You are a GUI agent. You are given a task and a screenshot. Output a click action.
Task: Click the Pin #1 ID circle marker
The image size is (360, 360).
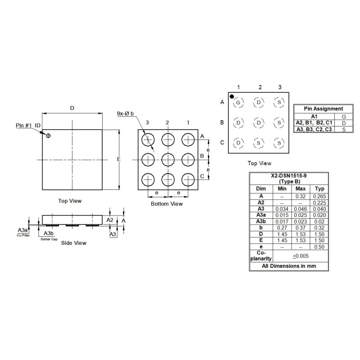[x=49, y=135]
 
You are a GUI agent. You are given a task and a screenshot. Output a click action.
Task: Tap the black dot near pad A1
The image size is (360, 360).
[x=232, y=96]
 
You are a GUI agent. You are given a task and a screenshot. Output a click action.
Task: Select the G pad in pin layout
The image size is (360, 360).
[x=238, y=103]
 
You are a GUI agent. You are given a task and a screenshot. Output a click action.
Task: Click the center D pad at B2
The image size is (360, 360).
[x=259, y=122]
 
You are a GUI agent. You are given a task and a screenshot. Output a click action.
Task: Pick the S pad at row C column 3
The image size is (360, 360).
[x=279, y=143]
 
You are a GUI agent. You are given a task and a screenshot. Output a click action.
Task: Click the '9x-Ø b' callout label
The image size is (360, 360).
[x=125, y=114]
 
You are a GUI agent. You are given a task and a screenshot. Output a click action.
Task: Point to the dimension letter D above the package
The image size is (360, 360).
[x=72, y=108]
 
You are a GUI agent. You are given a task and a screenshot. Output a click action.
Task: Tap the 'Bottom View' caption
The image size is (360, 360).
[x=167, y=204]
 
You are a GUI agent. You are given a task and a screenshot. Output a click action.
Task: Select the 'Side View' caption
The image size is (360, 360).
[x=73, y=243]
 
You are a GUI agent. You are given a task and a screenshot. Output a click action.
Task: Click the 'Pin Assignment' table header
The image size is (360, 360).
[x=323, y=108]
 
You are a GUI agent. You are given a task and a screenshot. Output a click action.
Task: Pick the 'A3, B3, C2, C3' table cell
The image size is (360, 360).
[x=314, y=129]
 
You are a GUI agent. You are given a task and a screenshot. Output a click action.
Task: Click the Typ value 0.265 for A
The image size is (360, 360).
[x=319, y=196]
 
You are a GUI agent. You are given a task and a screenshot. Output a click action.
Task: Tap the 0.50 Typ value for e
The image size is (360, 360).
[x=319, y=247]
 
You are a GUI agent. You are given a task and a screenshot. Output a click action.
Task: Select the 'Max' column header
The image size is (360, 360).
[x=301, y=189]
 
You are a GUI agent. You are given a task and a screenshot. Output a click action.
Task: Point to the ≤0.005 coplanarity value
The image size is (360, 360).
[x=301, y=256]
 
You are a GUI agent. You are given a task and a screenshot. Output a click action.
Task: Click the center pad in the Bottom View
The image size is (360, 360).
[x=167, y=159]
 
